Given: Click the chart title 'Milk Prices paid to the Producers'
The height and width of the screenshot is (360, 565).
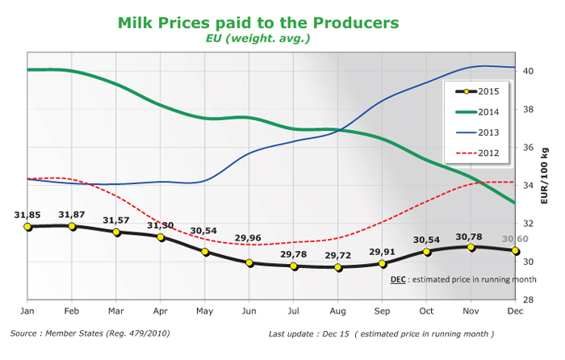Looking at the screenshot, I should tap(258, 23).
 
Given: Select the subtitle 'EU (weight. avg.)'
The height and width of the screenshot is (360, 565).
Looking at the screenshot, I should tap(258, 38).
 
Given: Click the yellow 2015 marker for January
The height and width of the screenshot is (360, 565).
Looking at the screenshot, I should tap(28, 227).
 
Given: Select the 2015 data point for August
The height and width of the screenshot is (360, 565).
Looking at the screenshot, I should tap(339, 266).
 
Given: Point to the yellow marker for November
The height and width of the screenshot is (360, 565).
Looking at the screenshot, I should tap(471, 247).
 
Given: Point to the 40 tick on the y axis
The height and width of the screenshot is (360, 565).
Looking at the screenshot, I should tap(531, 71).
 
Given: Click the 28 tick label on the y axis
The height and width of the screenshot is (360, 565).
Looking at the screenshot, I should tap(531, 299).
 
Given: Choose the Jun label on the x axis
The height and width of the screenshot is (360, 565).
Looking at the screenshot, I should tap(250, 311).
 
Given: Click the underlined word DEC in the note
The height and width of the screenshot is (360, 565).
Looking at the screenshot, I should tap(399, 280).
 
